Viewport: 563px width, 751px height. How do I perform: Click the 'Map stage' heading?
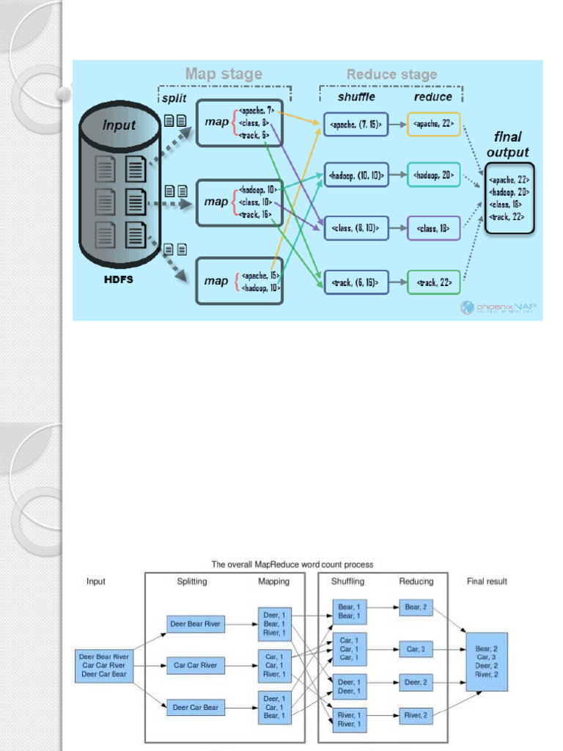[x=224, y=73]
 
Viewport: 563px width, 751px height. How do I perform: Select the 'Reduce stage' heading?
[x=391, y=74]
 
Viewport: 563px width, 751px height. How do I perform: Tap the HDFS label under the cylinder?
[x=117, y=279]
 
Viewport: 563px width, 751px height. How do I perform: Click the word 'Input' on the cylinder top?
[x=119, y=125]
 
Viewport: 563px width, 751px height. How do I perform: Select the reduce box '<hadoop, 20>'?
[x=433, y=175]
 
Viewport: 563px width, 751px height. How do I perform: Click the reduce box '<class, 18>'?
[x=433, y=228]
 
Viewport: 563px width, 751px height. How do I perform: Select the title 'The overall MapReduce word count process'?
[x=292, y=565]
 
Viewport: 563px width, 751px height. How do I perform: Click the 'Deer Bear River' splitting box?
[x=195, y=624]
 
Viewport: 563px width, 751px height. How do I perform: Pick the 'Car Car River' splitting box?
[x=195, y=666]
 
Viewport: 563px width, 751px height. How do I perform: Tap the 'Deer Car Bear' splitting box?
[x=195, y=708]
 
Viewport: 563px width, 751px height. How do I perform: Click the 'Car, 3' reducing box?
[x=416, y=650]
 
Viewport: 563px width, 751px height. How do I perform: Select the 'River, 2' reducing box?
[x=416, y=715]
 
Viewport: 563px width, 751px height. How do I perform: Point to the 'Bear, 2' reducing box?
[x=416, y=607]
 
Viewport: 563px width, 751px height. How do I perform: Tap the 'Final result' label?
[x=487, y=582]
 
